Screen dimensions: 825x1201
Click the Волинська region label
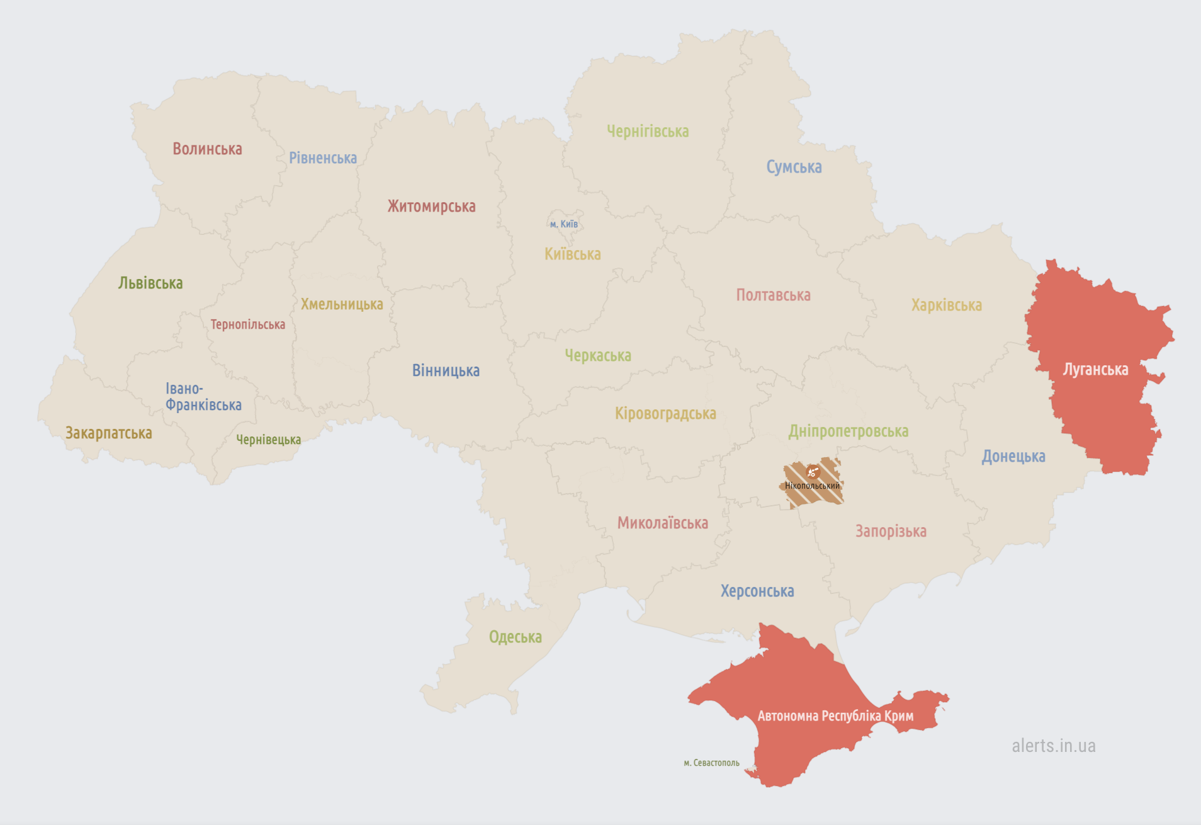207,149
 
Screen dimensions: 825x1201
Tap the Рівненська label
322,158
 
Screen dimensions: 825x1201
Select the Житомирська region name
431,207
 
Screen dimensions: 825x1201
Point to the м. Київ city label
563,224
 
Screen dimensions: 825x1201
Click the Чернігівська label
648,132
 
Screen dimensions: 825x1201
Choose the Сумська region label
794,167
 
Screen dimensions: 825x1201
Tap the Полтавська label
773,295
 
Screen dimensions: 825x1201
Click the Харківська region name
946,305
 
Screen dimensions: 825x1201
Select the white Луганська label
1095,370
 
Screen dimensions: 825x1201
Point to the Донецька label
1013,457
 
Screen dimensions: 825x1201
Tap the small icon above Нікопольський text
813,472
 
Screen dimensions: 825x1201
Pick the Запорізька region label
891,532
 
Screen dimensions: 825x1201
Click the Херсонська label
757,591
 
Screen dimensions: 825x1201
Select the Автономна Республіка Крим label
835,716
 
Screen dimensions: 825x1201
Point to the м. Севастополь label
711,763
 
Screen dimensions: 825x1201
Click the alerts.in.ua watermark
1053,746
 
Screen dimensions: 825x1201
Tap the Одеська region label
515,637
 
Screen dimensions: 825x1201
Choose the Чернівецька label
268,440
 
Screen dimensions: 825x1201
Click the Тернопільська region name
247,325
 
